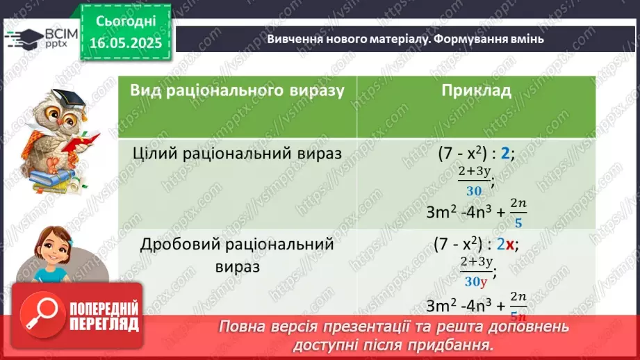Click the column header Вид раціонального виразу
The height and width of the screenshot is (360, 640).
pos(237,91)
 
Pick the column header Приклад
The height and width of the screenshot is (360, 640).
pos(476,91)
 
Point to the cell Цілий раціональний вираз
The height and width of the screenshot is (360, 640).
pos(237,154)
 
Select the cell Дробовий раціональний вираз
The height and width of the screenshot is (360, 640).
pos(237,255)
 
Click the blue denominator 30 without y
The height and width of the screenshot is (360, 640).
pos(475,191)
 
